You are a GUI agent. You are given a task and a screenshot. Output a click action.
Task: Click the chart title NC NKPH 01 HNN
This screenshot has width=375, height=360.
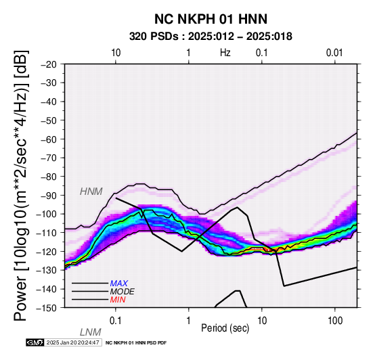click(211, 19)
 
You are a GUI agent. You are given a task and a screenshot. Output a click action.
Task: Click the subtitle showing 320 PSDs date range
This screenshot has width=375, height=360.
click(211, 37)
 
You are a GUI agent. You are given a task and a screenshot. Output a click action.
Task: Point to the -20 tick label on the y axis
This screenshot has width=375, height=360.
click(49, 64)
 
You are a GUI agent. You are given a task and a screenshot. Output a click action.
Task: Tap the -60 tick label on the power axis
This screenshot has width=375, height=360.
click(49, 139)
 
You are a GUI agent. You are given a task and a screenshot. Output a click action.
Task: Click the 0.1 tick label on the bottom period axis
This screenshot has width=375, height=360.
click(116, 321)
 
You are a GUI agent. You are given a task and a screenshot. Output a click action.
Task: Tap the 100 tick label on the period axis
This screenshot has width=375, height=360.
click(335, 321)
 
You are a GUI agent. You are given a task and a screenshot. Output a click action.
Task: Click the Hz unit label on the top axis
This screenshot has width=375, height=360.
click(225, 53)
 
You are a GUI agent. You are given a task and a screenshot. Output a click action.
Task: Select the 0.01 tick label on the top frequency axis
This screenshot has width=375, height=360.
click(334, 53)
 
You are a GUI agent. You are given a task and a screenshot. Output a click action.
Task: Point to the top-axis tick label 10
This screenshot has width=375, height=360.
click(116, 53)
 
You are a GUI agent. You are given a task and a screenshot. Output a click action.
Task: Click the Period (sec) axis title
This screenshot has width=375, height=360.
click(225, 328)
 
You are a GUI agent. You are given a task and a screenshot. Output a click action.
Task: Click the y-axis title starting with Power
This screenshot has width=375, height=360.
click(21, 186)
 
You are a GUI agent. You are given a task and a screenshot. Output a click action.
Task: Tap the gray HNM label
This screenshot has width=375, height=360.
click(91, 192)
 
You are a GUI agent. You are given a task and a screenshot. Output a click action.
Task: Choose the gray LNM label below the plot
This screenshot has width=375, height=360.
click(91, 332)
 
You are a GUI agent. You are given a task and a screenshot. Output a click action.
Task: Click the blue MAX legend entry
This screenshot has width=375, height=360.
click(119, 284)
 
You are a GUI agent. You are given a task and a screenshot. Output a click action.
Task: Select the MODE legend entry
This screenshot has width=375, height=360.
click(123, 292)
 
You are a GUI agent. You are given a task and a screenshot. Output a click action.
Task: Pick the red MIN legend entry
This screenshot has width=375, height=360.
click(118, 300)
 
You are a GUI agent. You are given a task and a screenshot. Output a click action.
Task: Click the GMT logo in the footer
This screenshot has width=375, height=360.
click(35, 342)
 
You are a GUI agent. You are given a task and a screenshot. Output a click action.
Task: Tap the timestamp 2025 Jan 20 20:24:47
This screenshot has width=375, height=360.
click(72, 342)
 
